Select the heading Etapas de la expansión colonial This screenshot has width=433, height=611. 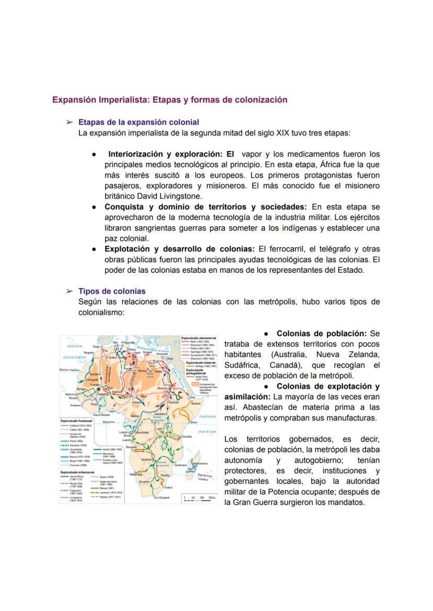point(139,122)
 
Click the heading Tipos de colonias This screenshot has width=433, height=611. point(112,291)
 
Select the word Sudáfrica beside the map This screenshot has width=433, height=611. point(243,365)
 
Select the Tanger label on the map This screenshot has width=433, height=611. point(97,346)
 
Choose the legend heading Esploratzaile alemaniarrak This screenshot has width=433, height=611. point(196,338)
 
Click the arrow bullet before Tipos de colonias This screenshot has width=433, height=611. point(69,291)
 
